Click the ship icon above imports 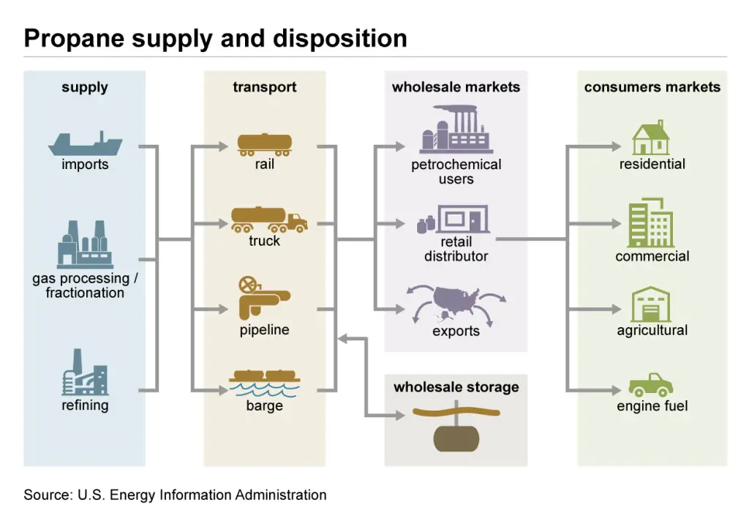[85, 143]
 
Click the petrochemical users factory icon [455, 130]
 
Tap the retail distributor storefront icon [458, 220]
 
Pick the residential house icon [651, 138]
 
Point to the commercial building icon [651, 222]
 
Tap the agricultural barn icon [651, 304]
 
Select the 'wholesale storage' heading [456, 387]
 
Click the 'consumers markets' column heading [652, 87]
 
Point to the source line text [175, 495]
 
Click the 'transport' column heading [264, 87]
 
